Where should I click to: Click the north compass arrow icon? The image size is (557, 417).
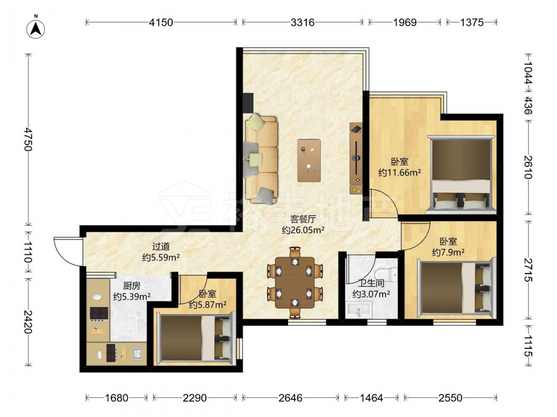tap(36, 28)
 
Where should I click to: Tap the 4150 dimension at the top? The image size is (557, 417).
tap(161, 22)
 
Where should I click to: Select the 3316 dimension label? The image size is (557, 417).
tap(302, 22)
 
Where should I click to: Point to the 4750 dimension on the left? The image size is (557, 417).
tap(28, 140)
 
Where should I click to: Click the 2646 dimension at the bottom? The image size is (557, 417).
tap(290, 398)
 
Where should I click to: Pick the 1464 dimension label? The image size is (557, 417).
tap(371, 398)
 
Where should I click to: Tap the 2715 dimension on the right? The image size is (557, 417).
tap(528, 270)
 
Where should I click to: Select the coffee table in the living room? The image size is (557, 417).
tap(309, 161)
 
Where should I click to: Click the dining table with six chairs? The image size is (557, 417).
tap(295, 282)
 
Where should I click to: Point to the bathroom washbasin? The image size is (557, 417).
tap(359, 311)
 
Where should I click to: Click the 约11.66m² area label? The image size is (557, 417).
tap(399, 173)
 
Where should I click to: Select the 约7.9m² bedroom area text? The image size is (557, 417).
tap(448, 252)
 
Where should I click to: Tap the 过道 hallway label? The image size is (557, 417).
tap(161, 246)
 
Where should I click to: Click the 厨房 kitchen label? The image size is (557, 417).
tap(132, 285)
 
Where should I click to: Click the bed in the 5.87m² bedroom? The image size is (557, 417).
tap(196, 338)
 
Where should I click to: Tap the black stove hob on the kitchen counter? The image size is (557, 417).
tap(99, 313)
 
